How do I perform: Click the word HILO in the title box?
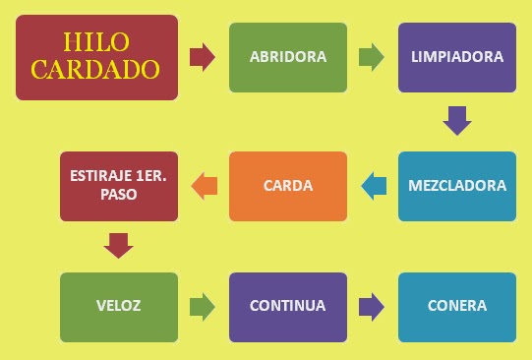tap(95, 42)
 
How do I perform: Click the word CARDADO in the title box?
tap(95, 69)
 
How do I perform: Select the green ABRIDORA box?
tap(288, 57)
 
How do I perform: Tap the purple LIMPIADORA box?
tap(457, 57)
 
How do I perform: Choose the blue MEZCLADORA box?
tap(457, 186)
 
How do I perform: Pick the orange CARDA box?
tap(288, 186)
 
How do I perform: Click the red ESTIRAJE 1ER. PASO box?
tap(118, 186)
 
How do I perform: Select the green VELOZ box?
tap(118, 306)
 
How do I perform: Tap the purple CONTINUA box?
tap(288, 306)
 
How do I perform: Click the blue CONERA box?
tap(457, 306)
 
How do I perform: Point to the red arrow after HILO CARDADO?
tap(202, 57)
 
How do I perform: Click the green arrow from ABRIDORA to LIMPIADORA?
tap(371, 57)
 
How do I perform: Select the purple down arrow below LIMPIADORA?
tap(457, 120)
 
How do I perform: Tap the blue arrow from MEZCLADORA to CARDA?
tap(374, 186)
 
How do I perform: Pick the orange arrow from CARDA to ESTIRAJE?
tap(205, 184)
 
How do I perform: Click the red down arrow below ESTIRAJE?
tap(118, 245)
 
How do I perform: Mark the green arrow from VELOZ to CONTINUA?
tap(202, 306)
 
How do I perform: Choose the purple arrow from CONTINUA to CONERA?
tap(371, 306)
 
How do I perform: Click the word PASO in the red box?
tap(118, 195)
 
